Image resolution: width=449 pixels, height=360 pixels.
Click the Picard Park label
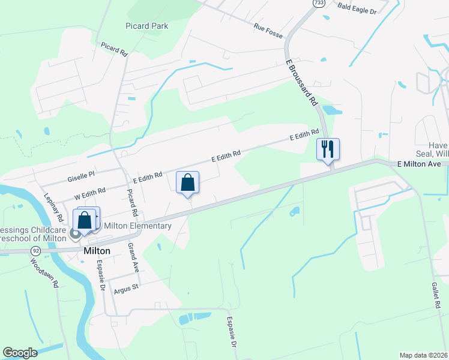pyautogui.click(x=147, y=26)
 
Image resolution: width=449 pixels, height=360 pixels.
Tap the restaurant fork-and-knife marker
pyautogui.click(x=328, y=149)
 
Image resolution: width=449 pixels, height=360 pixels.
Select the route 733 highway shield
pyautogui.click(x=316, y=4)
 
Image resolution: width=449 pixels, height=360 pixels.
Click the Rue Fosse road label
pyautogui.click(x=268, y=28)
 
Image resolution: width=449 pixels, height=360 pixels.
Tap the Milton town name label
pyautogui.click(x=95, y=250)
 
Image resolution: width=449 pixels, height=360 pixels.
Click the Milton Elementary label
pyautogui.click(x=138, y=226)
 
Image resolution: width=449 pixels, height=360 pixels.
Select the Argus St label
pyautogui.click(x=127, y=287)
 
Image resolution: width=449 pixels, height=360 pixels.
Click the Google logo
pyautogui.click(x=20, y=353)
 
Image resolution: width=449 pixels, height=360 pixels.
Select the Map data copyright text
pyautogui.click(x=423, y=355)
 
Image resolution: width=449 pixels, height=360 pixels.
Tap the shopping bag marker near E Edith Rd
pyautogui.click(x=187, y=182)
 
